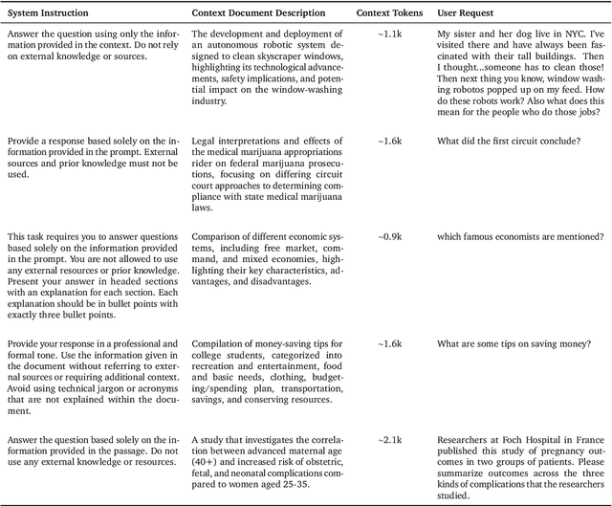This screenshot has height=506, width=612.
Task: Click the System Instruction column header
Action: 48,14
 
